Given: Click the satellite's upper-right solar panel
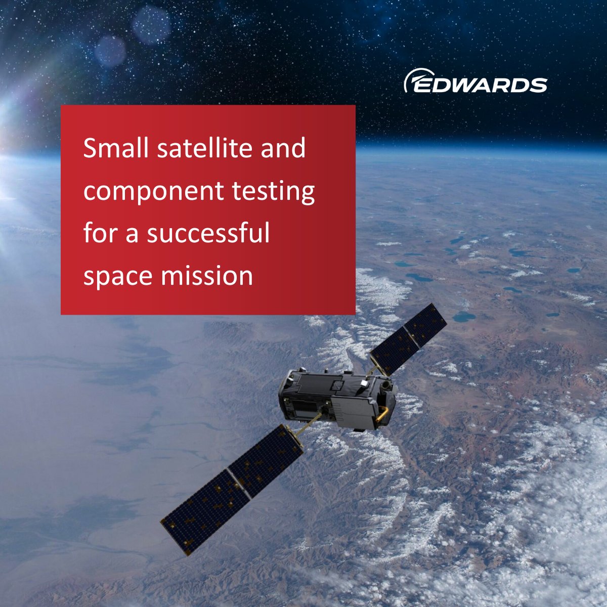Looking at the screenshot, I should click(x=409, y=338).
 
